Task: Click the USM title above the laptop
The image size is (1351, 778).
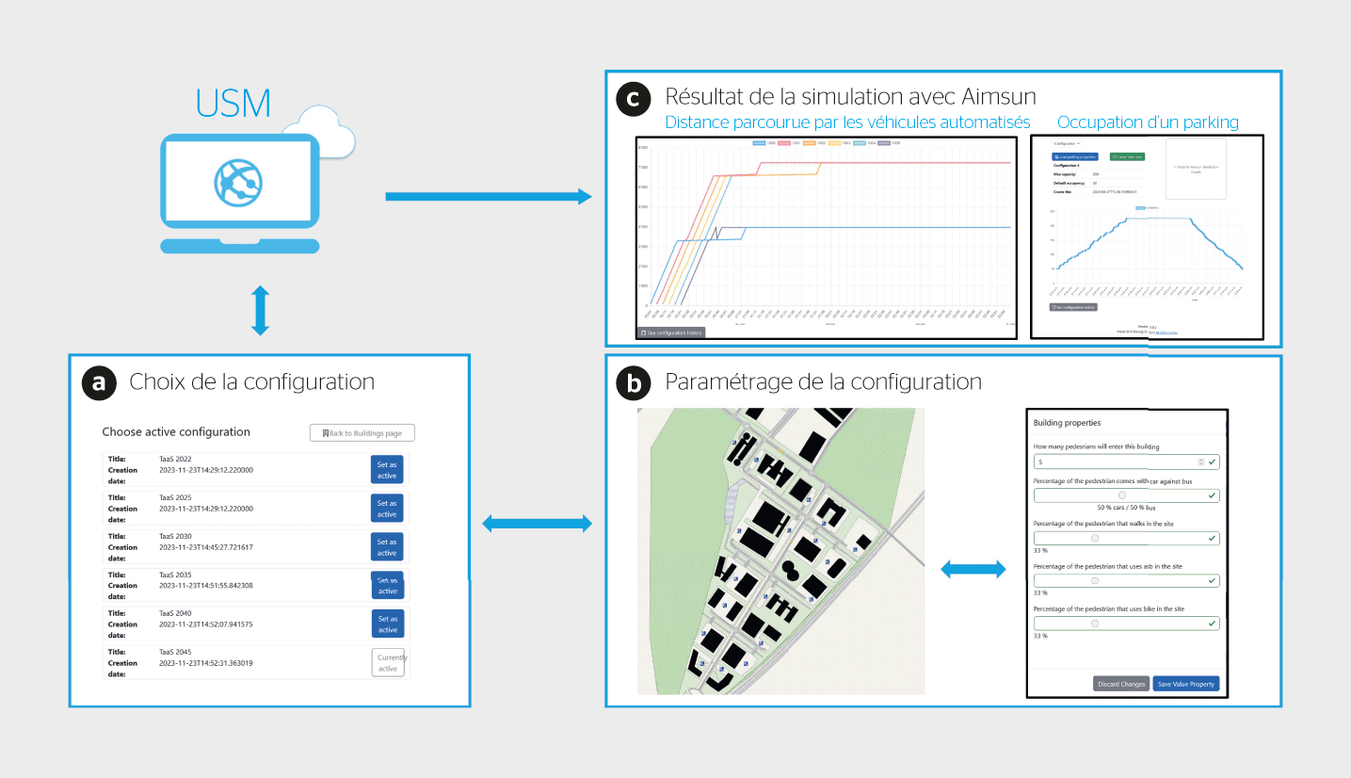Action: tap(233, 103)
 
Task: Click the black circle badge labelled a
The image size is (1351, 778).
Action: tap(99, 381)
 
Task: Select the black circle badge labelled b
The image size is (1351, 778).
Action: tap(634, 382)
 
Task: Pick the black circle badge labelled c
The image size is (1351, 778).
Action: tap(634, 98)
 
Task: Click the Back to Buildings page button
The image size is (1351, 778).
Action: tap(362, 433)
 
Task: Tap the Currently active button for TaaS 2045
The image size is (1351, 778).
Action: tap(388, 663)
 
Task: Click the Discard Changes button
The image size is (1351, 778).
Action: tap(1121, 684)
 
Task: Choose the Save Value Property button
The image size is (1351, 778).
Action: tap(1185, 684)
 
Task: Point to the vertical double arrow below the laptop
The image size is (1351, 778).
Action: tap(261, 312)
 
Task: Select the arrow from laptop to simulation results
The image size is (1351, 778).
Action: tap(489, 196)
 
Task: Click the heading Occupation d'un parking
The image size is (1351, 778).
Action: tap(1148, 122)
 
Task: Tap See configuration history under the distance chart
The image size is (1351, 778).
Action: tap(670, 332)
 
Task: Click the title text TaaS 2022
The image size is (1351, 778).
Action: tap(177, 459)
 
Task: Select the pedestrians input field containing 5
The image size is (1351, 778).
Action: tap(1116, 462)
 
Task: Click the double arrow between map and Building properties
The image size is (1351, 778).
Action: tap(973, 568)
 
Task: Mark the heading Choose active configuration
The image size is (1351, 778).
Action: tap(176, 432)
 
